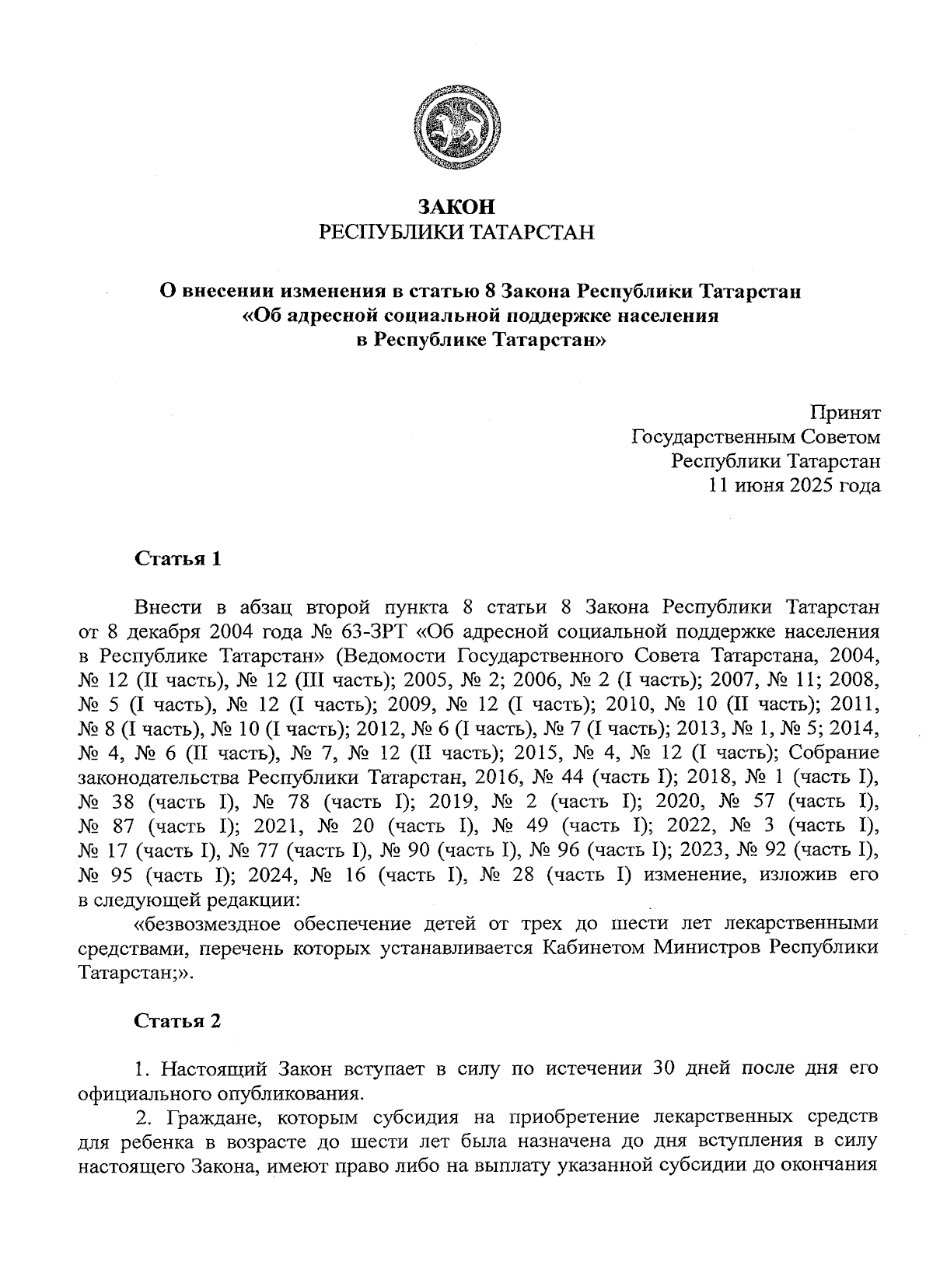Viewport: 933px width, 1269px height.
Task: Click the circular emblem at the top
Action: tap(456, 128)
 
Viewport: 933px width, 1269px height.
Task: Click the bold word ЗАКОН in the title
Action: tap(456, 208)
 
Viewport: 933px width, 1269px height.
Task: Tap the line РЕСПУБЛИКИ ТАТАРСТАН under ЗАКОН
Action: tap(456, 232)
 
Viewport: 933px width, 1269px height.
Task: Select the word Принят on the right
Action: tap(846, 413)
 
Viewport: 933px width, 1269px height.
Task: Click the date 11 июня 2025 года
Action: tap(793, 486)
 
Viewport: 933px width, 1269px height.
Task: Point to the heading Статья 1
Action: tap(178, 559)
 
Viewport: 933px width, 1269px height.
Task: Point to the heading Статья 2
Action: tap(178, 1021)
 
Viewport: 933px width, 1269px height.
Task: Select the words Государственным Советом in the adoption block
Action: tap(755, 437)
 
